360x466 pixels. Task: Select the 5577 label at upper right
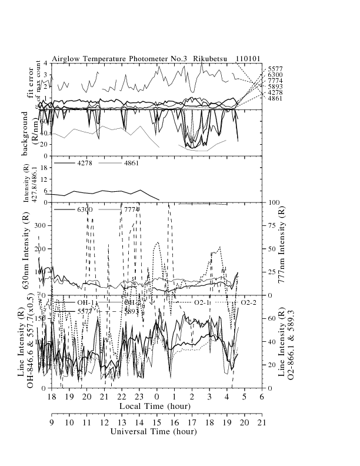point(274,69)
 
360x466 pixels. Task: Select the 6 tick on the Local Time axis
point(262,397)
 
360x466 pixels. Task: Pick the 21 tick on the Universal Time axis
point(262,422)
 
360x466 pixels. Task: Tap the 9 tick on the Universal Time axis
point(52,422)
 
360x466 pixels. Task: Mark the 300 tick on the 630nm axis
point(41,225)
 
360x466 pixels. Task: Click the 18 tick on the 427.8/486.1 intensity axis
point(44,167)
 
